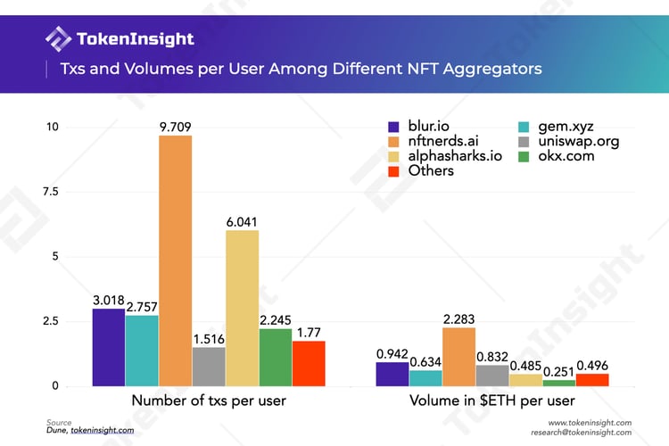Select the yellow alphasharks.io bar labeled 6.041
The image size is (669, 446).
242,308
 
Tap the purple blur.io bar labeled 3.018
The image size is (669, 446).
108,347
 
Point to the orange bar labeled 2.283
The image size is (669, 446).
458,357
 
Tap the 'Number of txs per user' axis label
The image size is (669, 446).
209,401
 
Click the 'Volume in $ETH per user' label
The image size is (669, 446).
491,401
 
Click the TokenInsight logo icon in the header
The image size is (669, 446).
59,39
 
